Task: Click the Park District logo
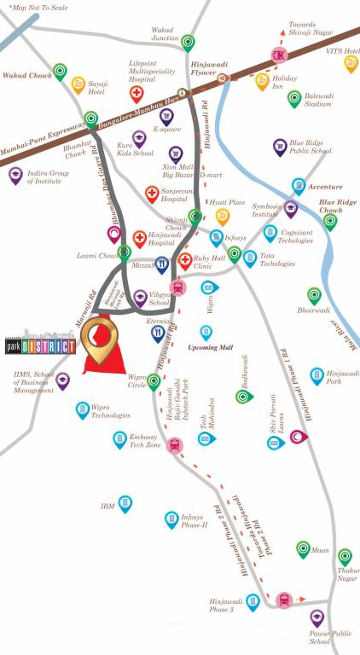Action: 38,346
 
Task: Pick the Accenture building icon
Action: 299,186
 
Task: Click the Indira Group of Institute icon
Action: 15,176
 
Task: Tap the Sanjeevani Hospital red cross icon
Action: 152,194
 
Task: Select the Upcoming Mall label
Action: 210,348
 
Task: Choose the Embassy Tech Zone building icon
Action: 119,440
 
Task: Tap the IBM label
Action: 107,506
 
